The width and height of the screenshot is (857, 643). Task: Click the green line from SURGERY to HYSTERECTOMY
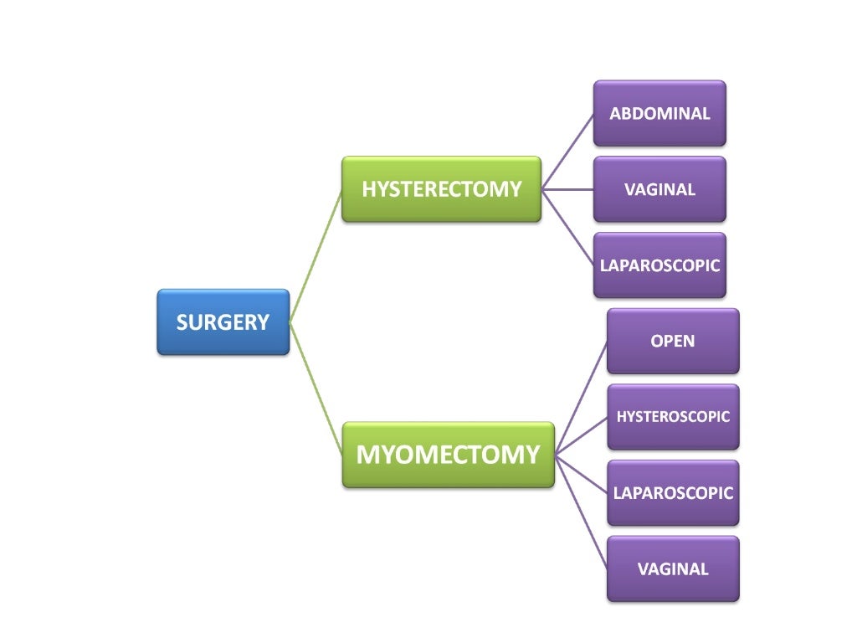click(x=316, y=255)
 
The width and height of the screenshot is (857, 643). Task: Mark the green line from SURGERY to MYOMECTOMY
click(x=316, y=388)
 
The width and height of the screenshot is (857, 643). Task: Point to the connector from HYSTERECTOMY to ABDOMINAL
click(x=568, y=152)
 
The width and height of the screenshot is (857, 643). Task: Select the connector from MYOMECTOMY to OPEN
click(x=581, y=399)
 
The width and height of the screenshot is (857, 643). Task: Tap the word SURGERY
click(x=223, y=322)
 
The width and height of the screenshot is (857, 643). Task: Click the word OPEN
click(x=673, y=342)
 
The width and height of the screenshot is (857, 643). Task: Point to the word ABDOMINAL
click(x=659, y=114)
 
